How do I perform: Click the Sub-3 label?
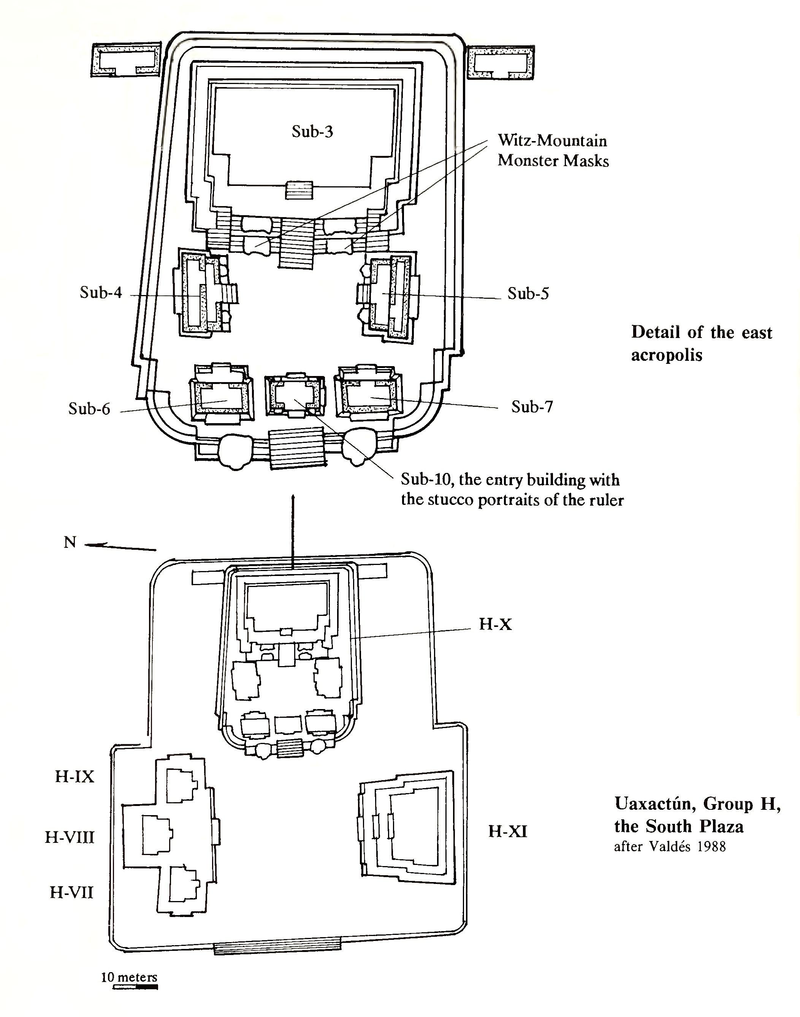click(x=312, y=132)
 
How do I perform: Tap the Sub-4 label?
click(x=101, y=293)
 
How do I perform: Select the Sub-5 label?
click(x=528, y=294)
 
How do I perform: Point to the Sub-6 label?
click(x=89, y=409)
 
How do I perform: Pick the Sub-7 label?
click(x=532, y=407)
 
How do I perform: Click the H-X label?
click(x=495, y=624)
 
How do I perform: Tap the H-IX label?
click(x=74, y=777)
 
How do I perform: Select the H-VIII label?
click(x=69, y=837)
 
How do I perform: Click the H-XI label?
click(x=507, y=832)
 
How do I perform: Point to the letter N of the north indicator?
click(x=70, y=543)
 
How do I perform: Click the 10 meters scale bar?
click(x=135, y=987)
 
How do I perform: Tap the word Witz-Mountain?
click(x=552, y=141)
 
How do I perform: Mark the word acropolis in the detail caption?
click(x=667, y=355)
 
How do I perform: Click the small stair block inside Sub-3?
click(x=299, y=190)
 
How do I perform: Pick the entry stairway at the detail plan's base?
click(x=297, y=448)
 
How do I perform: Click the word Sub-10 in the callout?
click(x=427, y=480)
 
